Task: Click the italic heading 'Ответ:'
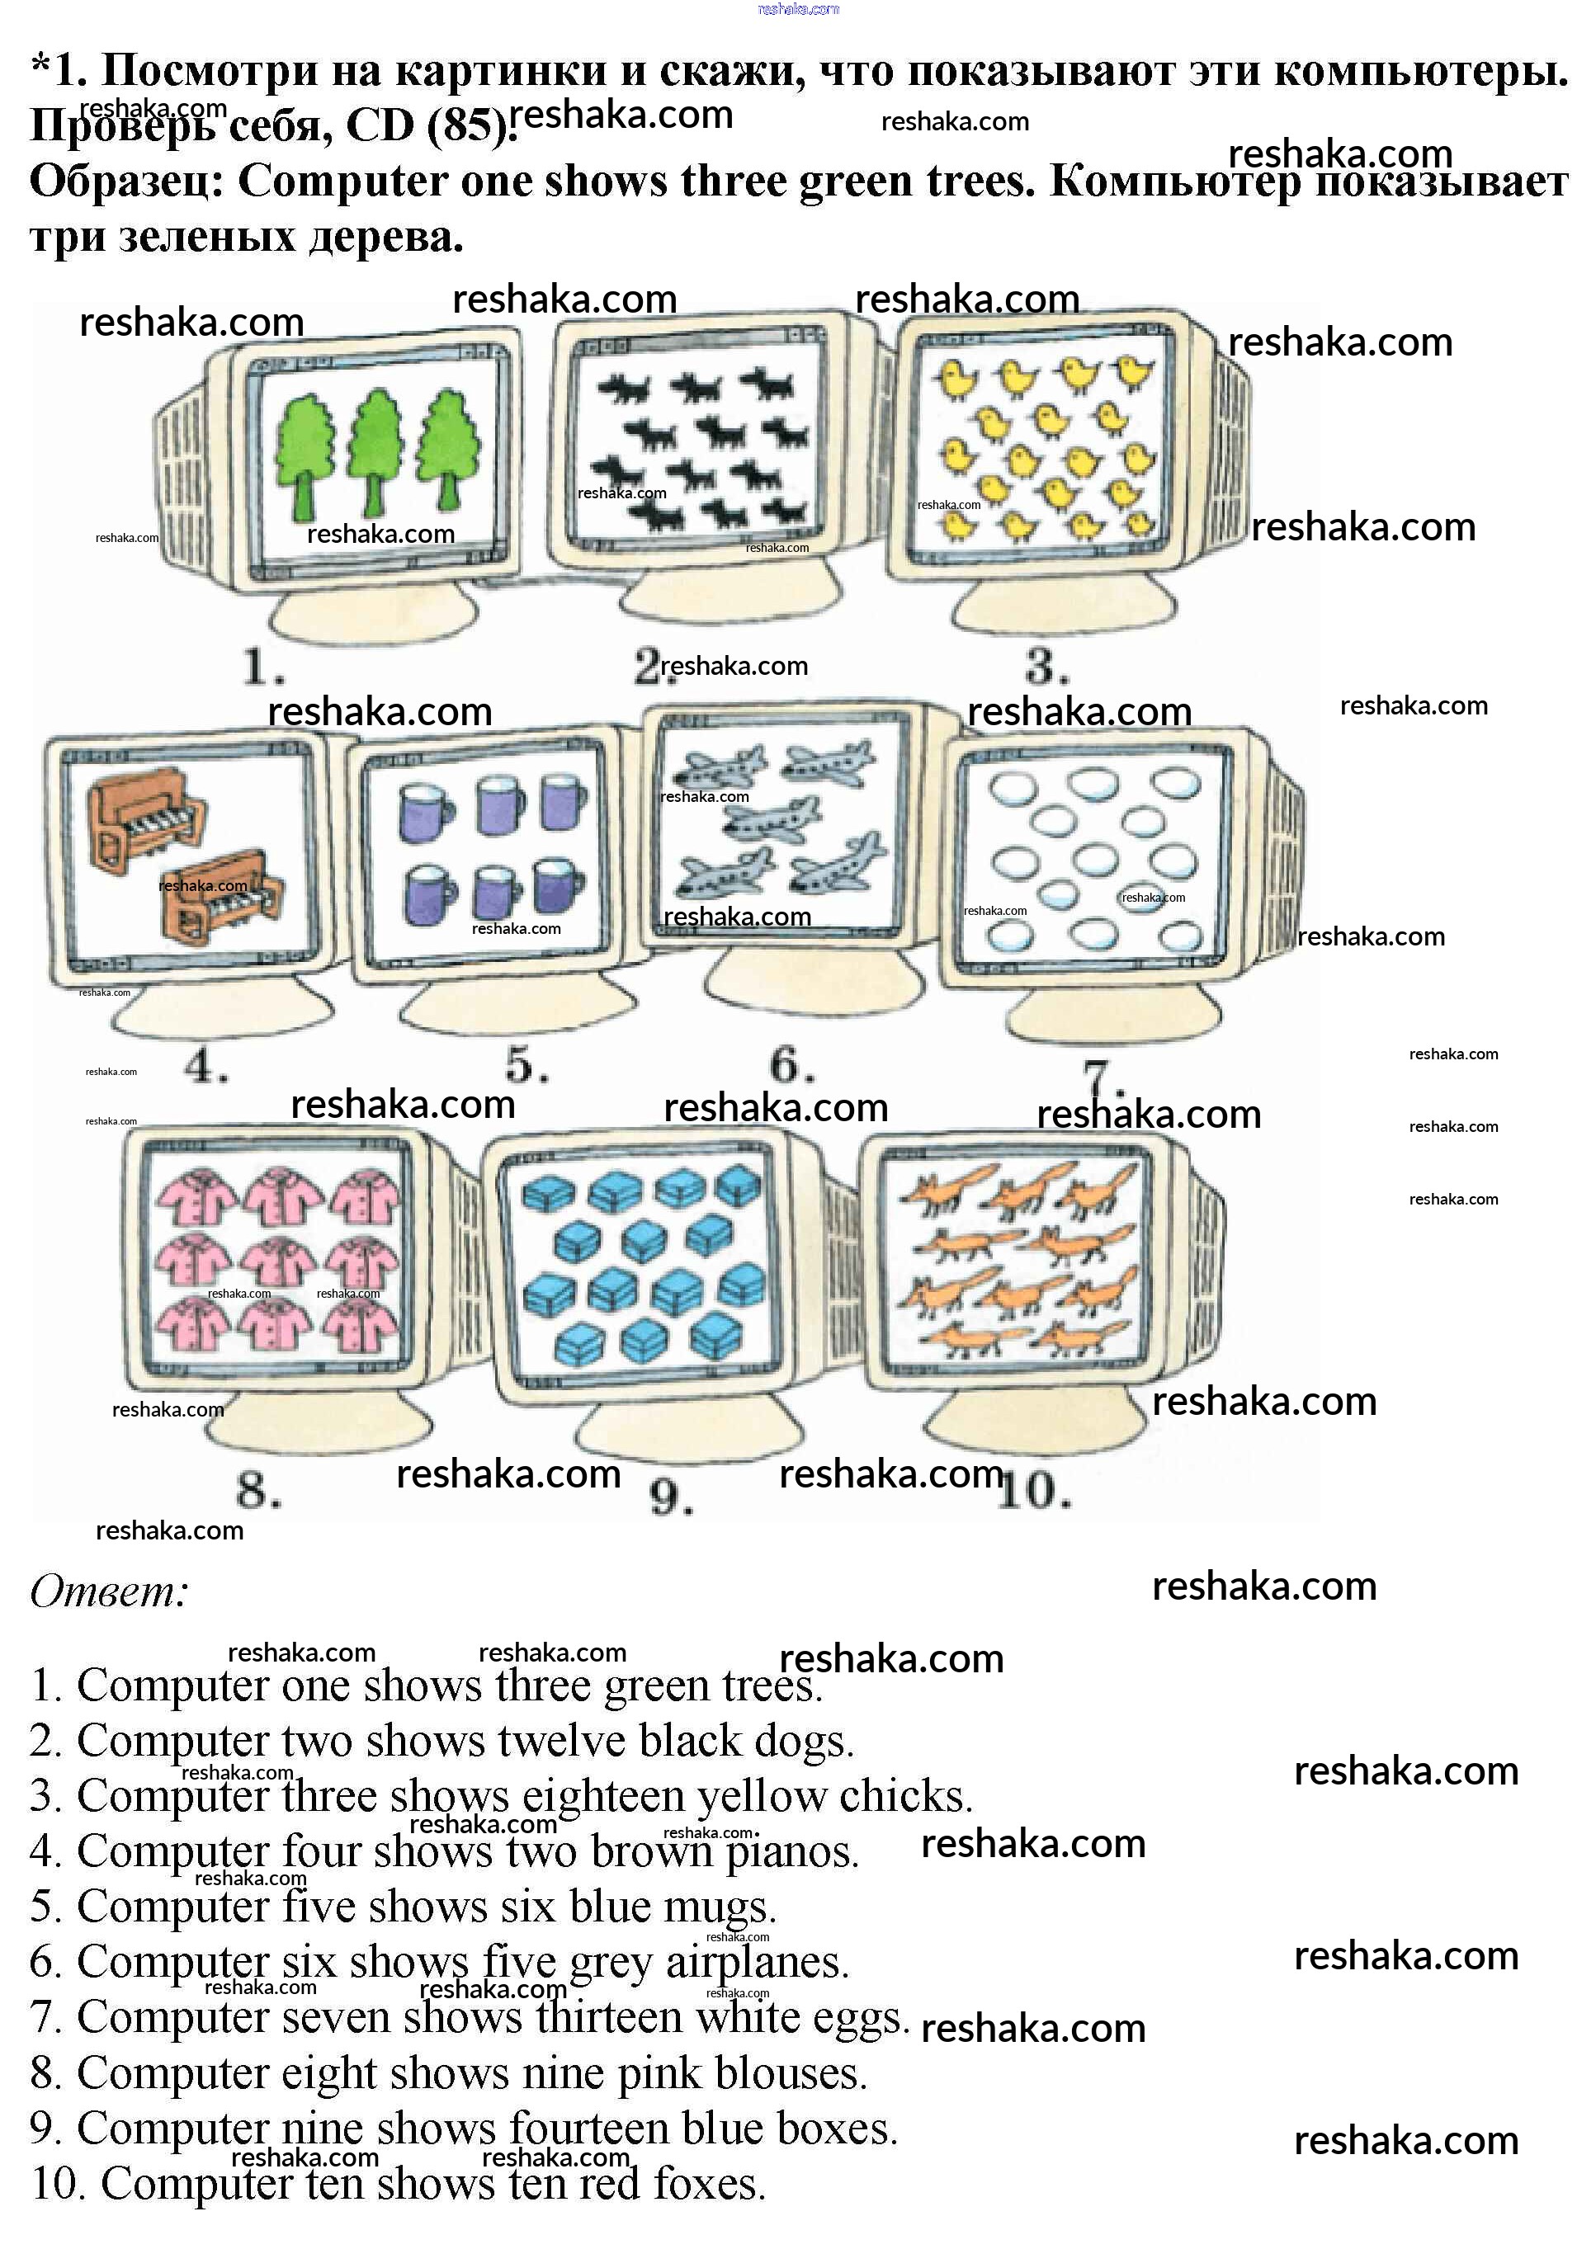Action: pyautogui.click(x=108, y=1591)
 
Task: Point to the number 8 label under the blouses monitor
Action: pyautogui.click(x=257, y=1491)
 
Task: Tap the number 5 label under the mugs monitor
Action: pyautogui.click(x=526, y=1065)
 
